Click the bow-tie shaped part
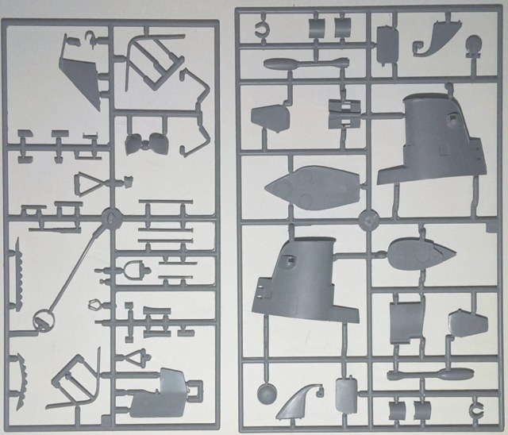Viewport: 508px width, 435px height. coord(144,144)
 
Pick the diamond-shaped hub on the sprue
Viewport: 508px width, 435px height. coord(110,215)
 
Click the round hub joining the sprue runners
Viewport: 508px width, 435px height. coord(367,217)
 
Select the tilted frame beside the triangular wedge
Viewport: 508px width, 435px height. coord(151,55)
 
